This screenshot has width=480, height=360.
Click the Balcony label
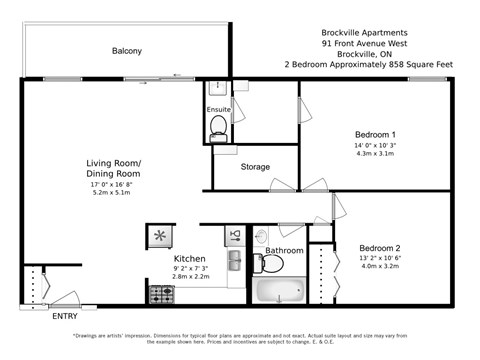pos(127,51)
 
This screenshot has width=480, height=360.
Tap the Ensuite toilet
pos(217,127)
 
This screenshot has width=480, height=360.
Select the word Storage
pos(255,166)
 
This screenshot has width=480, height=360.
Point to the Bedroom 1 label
pos(376,135)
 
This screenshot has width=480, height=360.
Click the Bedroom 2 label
pos(380,248)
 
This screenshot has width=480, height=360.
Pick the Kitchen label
pos(190,258)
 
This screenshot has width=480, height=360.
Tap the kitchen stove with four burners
pos(162,294)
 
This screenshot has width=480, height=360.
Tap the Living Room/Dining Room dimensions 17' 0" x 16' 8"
pos(113,184)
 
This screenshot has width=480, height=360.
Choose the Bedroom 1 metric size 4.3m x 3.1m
pos(376,155)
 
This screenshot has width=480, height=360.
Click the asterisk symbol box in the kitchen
pos(160,236)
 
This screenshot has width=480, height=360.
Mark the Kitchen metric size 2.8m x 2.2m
pos(190,277)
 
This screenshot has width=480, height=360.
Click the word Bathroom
pos(284,250)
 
